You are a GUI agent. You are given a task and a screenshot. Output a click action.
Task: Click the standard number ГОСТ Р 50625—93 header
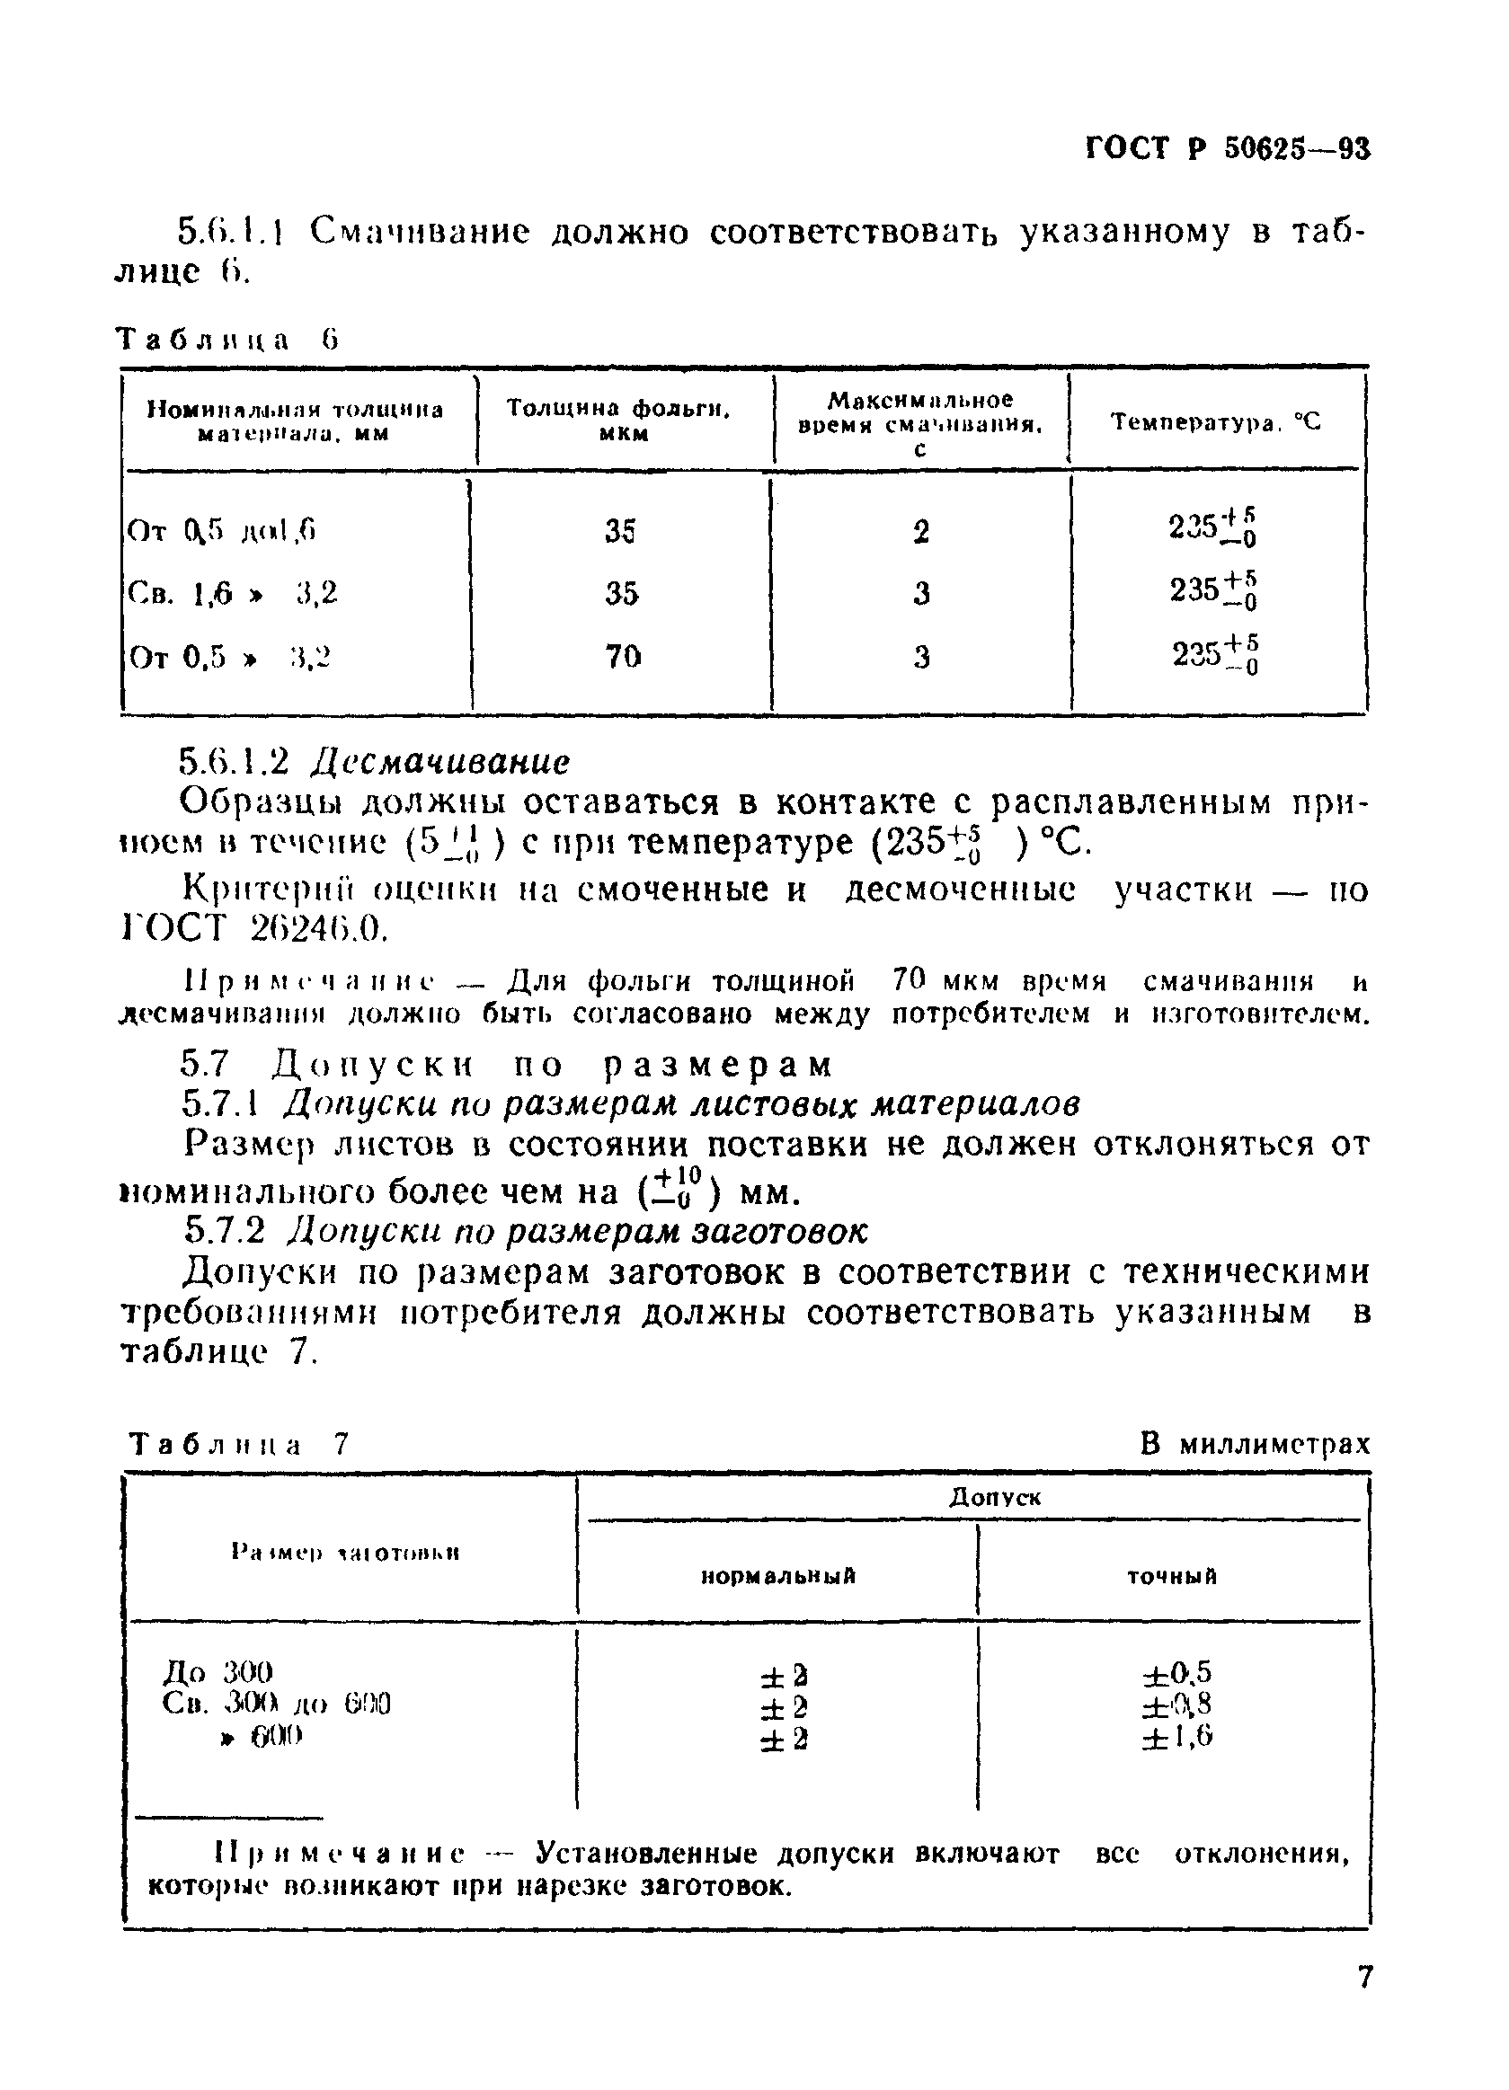(1227, 149)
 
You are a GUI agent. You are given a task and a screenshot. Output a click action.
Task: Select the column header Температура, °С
(1215, 423)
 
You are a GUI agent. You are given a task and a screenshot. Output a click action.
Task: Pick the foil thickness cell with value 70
(622, 657)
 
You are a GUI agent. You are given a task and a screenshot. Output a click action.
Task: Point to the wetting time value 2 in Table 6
(920, 532)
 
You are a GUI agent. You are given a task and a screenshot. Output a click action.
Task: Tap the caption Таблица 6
(227, 341)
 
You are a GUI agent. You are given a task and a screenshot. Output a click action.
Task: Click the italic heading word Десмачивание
(439, 761)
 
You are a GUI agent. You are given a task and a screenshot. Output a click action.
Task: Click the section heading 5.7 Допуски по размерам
(506, 1066)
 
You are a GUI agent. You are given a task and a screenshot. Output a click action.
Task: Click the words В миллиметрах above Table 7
(1255, 1443)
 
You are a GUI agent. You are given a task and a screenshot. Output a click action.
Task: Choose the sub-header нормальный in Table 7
(778, 1577)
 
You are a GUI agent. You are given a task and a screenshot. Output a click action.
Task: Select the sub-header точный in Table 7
(1172, 1577)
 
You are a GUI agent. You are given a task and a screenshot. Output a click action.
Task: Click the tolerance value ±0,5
(1176, 1672)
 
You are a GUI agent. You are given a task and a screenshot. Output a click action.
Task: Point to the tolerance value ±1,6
(1176, 1737)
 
